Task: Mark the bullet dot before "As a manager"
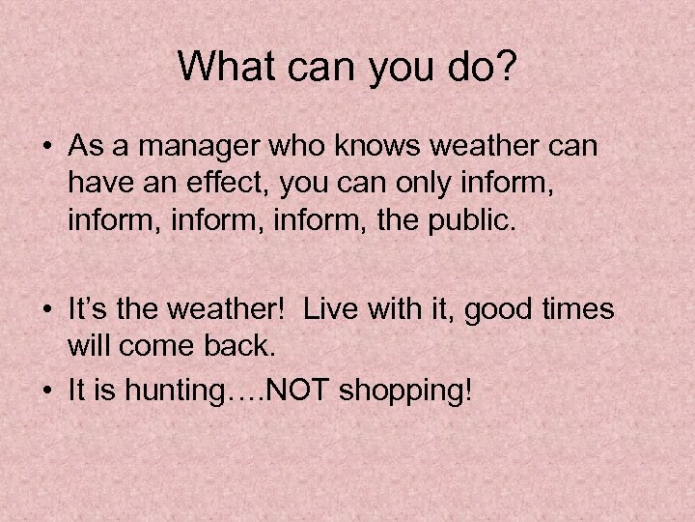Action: [47, 147]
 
